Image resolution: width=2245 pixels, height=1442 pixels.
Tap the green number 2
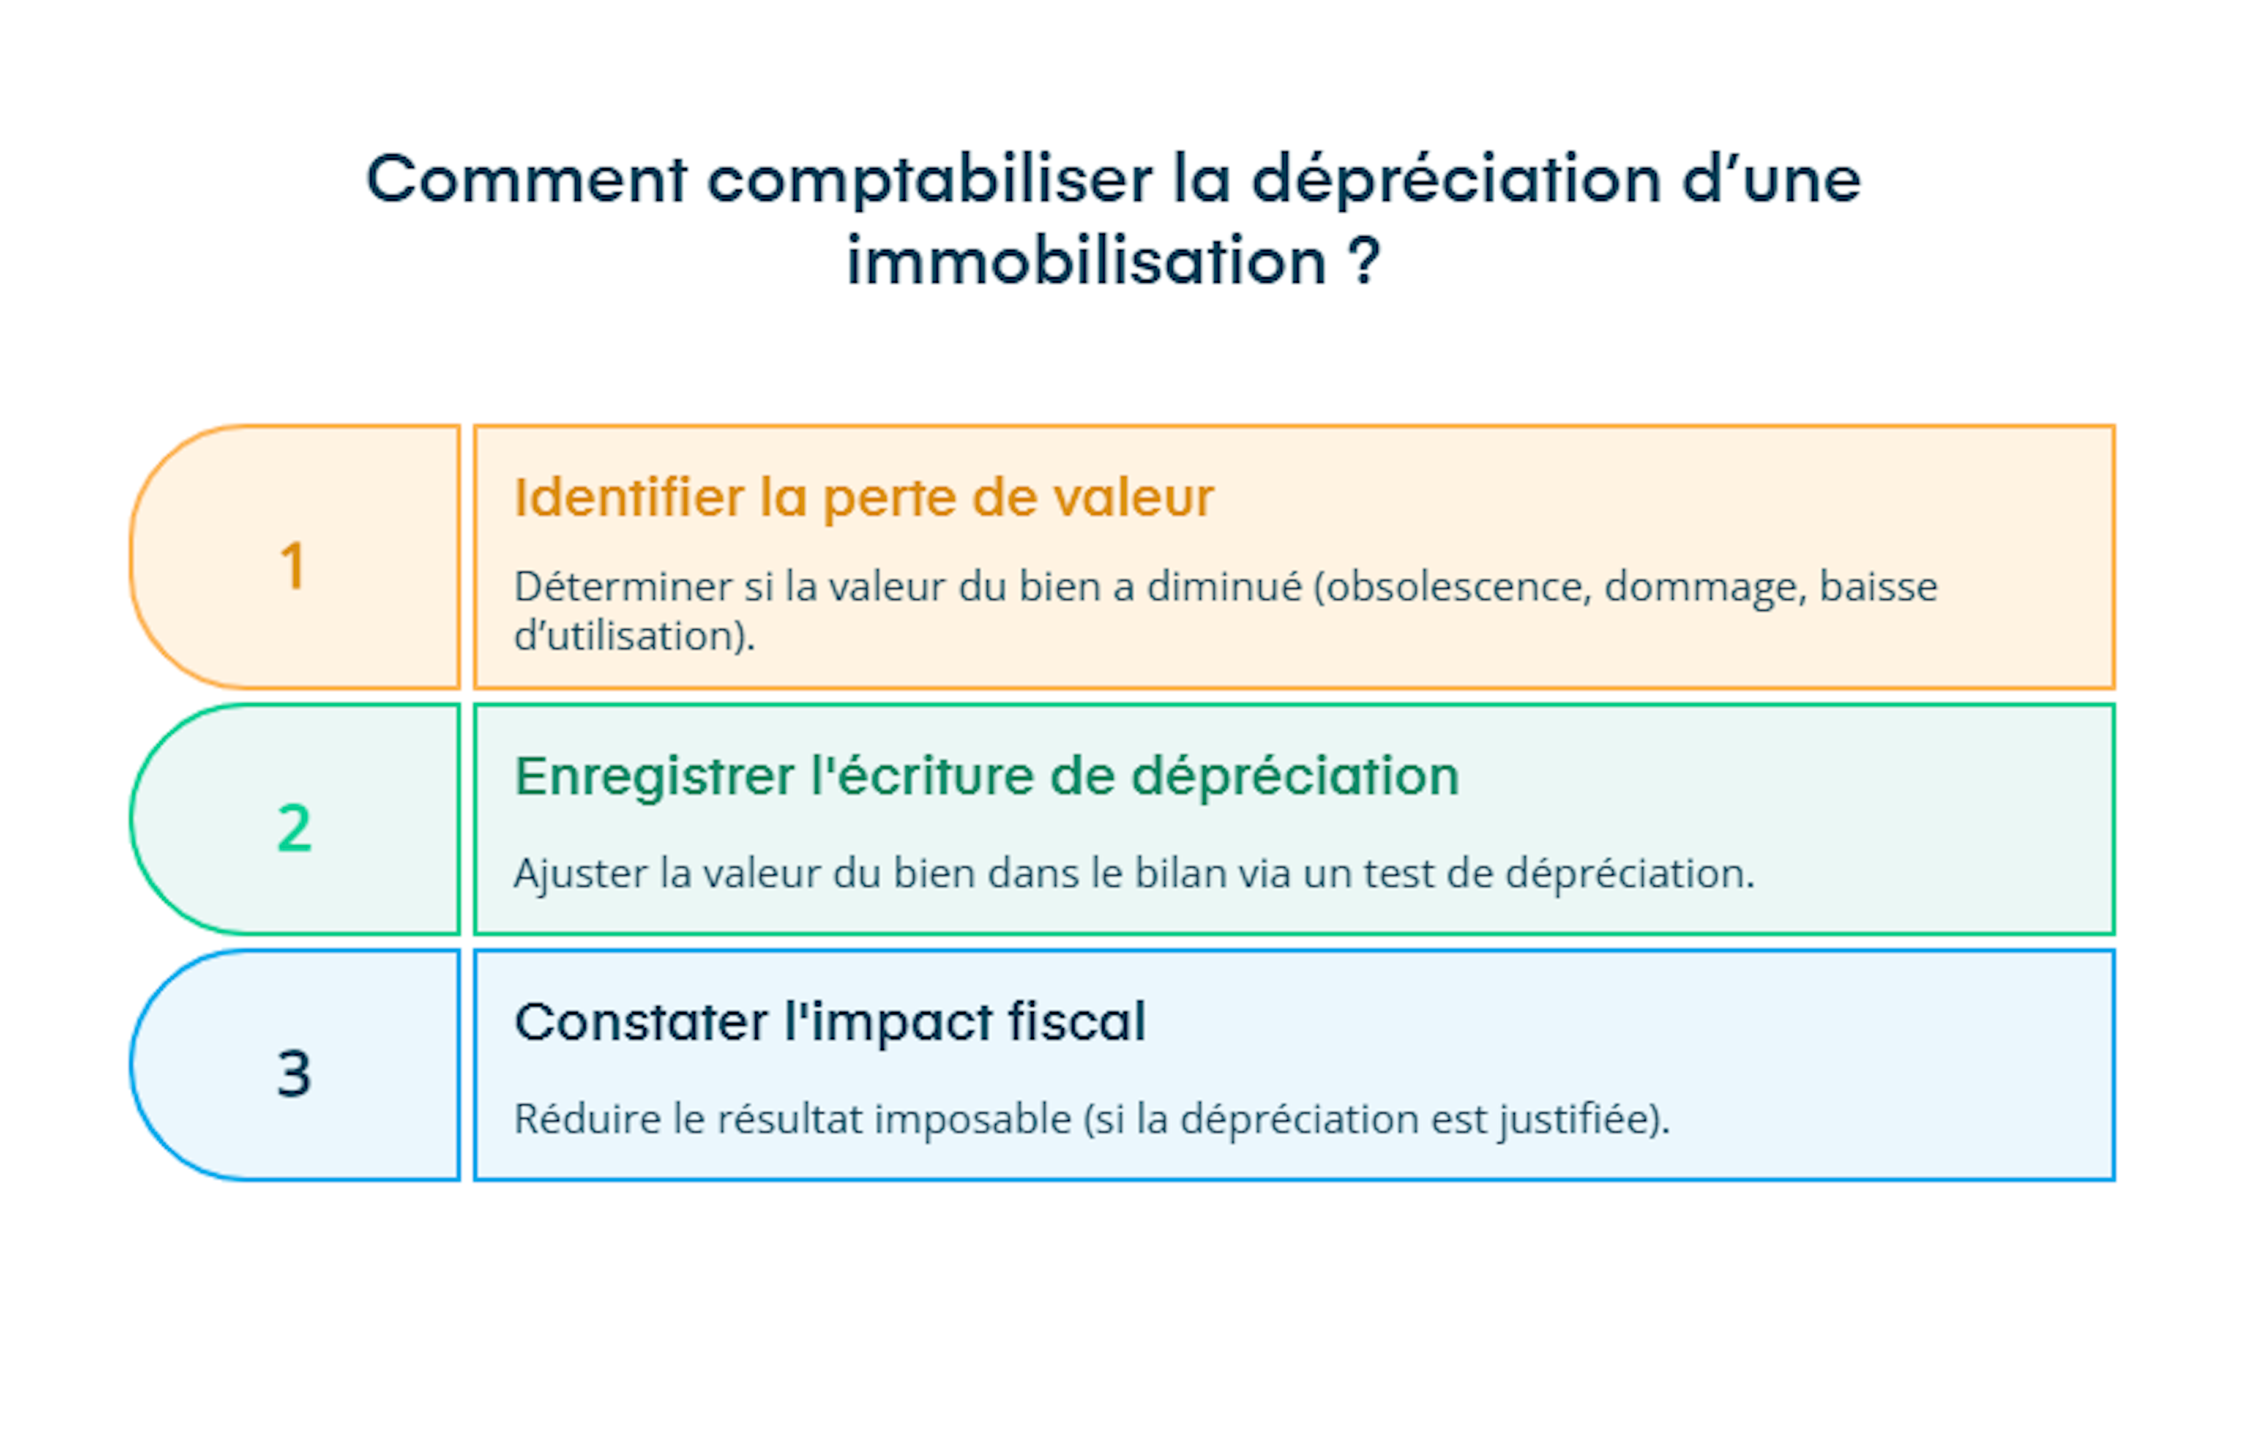pyautogui.click(x=294, y=829)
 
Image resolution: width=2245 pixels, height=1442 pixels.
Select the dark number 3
pyautogui.click(x=294, y=1073)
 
